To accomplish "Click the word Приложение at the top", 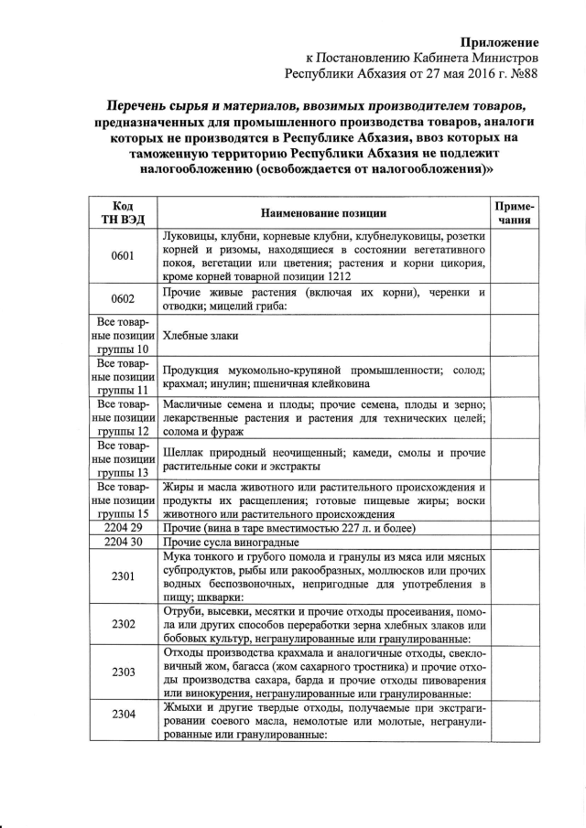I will point(498,42).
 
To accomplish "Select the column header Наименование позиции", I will point(324,213).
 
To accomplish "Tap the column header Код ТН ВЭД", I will point(124,213).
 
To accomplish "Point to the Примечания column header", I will point(514,213).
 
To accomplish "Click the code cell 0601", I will point(124,255).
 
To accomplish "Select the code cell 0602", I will point(124,299).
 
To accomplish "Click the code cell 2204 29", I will point(124,529).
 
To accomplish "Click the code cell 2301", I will point(124,576).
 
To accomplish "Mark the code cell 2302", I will point(124,624).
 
